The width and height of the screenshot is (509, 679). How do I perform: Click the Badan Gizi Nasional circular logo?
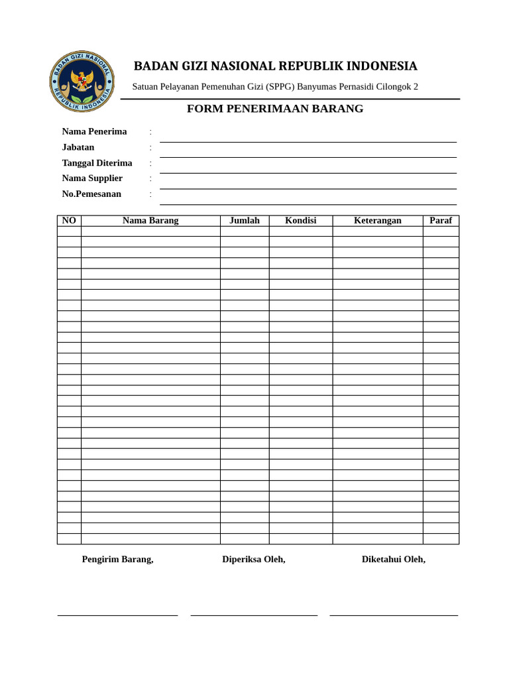82,81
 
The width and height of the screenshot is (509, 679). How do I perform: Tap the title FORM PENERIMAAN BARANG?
275,109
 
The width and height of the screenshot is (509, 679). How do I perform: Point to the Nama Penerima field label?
94,131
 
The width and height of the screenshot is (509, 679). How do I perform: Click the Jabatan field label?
78,147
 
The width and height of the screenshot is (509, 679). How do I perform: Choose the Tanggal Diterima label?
97,163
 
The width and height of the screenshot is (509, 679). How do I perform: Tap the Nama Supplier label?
92,178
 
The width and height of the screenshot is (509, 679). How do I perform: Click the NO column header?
69,221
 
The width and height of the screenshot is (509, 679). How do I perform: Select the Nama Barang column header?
150,221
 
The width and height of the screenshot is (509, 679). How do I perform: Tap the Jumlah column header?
245,221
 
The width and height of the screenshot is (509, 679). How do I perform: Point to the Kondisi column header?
301,221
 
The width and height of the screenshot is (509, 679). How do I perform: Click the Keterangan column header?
378,221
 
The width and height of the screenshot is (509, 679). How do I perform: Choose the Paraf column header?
441,221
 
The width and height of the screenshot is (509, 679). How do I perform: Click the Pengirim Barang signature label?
117,560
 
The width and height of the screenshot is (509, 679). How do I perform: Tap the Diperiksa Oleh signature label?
254,560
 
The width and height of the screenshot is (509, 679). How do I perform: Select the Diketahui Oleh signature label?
394,560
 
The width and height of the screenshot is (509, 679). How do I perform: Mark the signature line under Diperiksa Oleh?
254,615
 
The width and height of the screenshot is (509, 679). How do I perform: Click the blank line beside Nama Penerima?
308,141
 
